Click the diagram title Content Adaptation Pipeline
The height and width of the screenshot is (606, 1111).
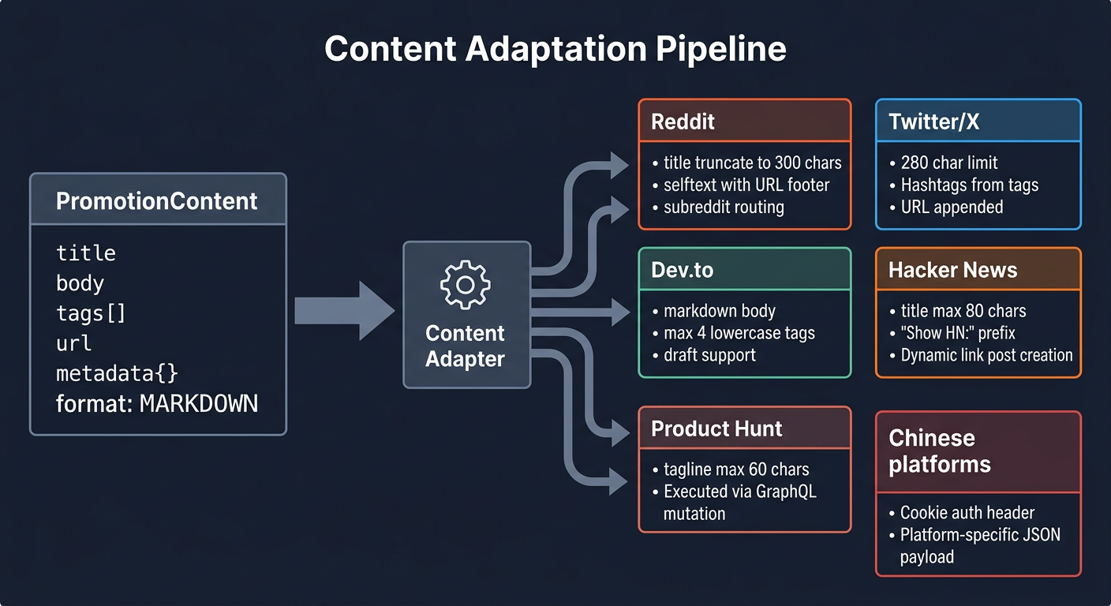tap(555, 49)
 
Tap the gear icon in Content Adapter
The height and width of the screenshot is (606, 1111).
tap(466, 284)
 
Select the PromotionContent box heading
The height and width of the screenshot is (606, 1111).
tap(157, 201)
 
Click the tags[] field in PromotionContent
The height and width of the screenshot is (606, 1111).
tap(91, 313)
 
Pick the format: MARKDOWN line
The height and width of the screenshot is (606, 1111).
tap(157, 404)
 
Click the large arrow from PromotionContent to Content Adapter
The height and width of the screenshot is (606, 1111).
tap(344, 311)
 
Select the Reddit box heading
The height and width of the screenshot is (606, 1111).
tap(683, 122)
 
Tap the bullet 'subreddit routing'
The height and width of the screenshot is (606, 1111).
tap(724, 208)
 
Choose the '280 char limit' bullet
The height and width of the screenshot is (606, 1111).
tap(949, 163)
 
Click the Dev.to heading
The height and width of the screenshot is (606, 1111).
tap(683, 270)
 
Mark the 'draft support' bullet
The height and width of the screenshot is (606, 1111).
tap(709, 355)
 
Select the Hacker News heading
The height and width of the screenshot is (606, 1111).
tap(952, 270)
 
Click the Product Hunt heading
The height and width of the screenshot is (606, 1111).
tap(716, 428)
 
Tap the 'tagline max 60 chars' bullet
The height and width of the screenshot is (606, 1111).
tap(736, 469)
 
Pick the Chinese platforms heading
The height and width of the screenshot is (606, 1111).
tap(939, 451)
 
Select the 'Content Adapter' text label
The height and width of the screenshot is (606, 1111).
tap(466, 346)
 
